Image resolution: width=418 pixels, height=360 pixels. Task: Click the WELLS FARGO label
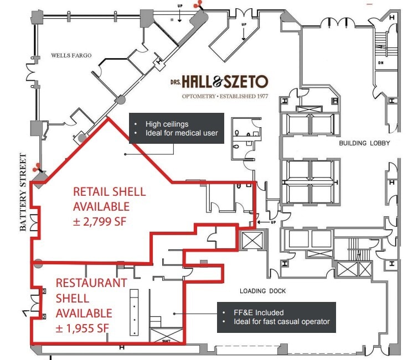pyautogui.click(x=71, y=55)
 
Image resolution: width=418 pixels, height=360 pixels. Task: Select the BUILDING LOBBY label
pyautogui.click(x=364, y=143)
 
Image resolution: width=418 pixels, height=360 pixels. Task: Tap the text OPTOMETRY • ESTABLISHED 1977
pyautogui.click(x=225, y=97)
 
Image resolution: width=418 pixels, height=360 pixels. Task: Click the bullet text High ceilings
pyautogui.click(x=167, y=124)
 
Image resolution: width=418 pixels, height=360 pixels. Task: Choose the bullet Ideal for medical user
pyautogui.click(x=182, y=133)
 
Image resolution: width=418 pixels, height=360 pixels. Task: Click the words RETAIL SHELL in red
pyautogui.click(x=110, y=192)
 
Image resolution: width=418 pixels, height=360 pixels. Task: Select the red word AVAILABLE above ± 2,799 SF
pyautogui.click(x=101, y=206)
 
